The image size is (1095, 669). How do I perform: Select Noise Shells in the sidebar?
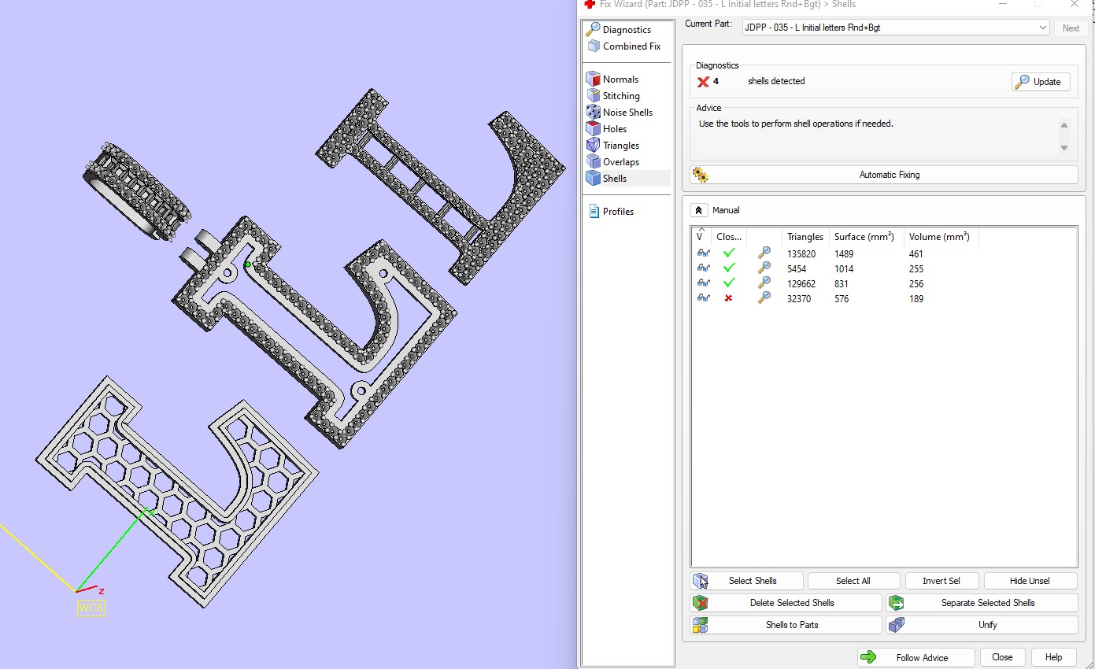click(x=627, y=113)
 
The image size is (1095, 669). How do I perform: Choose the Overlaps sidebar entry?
click(x=620, y=162)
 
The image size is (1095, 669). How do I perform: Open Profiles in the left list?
click(x=617, y=212)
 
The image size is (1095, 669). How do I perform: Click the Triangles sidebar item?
click(x=620, y=146)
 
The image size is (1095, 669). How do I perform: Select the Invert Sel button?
click(x=941, y=581)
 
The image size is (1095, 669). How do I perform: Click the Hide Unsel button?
click(x=1030, y=581)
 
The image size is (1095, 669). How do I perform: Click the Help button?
click(x=1053, y=657)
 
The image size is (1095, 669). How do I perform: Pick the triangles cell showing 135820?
click(x=801, y=254)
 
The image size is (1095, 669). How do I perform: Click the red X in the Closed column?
click(x=728, y=299)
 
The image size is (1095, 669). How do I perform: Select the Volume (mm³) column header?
click(x=938, y=237)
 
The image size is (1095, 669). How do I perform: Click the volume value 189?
click(x=916, y=299)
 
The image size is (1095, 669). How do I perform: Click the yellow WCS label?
click(x=91, y=608)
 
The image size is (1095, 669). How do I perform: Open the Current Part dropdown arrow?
click(x=1042, y=28)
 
